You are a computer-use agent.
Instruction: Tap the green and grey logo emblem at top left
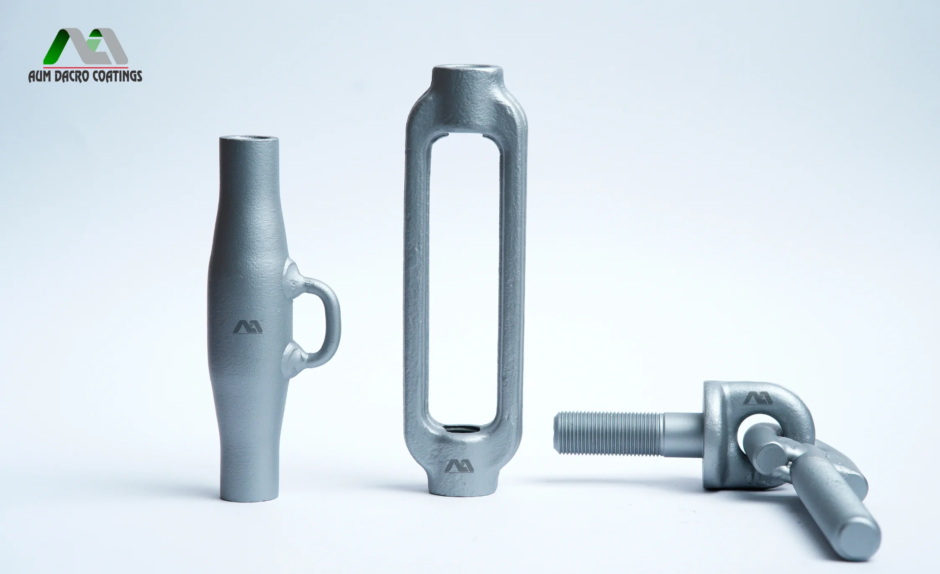pos(86,46)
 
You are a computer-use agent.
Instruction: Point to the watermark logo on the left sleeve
pos(248,327)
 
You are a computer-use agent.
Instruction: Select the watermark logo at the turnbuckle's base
pos(459,466)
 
